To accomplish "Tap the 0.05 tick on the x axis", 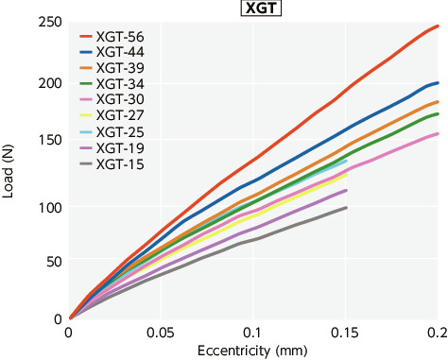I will pos(161,334).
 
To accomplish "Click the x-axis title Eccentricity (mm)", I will pos(251,351).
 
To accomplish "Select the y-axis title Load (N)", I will pos(9,170).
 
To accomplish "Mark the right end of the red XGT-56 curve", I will pos(438,26).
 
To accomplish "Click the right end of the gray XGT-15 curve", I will pos(346,207).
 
